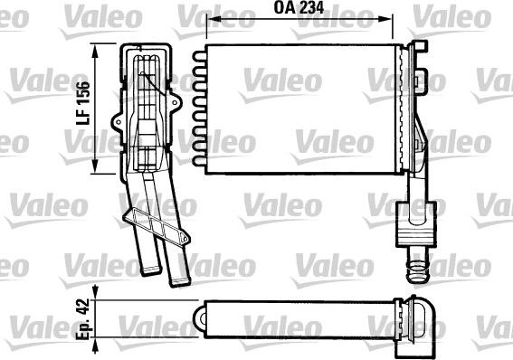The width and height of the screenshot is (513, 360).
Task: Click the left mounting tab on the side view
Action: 115,118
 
